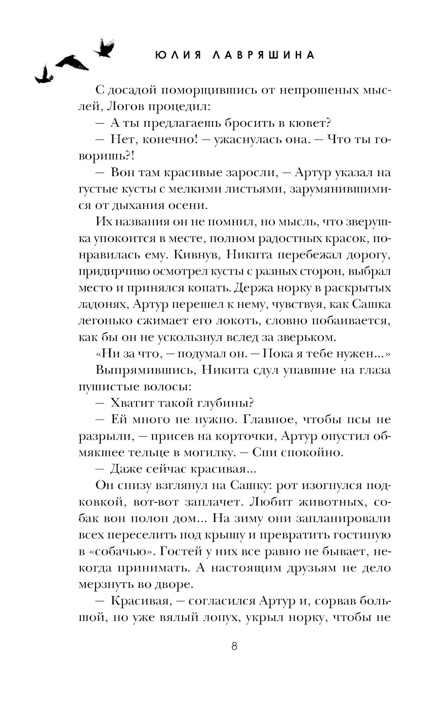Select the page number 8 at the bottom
pos(234,646)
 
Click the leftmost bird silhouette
pos(44,75)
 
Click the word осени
pos(187,205)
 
